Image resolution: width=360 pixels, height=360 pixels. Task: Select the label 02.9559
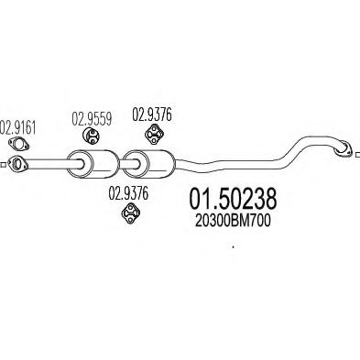(92, 118)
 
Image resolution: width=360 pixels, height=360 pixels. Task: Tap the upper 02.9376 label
(152, 115)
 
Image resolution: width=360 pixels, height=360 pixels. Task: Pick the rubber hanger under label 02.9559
(92, 136)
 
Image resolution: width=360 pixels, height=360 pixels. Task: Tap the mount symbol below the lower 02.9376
(129, 214)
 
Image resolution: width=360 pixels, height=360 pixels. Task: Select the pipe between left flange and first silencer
(50, 165)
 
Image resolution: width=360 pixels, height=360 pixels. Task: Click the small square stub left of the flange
(5, 165)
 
